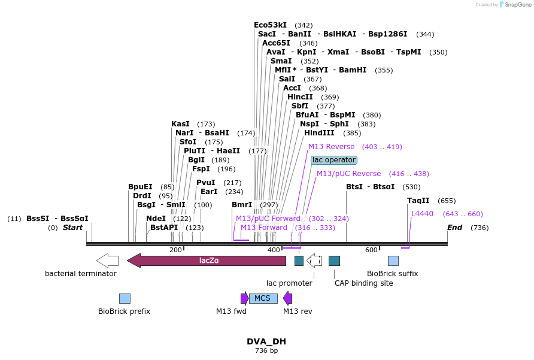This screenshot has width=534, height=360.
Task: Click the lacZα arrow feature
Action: pos(207,261)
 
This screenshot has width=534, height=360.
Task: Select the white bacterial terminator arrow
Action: pos(107,261)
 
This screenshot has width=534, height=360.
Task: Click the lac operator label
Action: pos(334,160)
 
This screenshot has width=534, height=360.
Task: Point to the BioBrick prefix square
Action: pos(125,298)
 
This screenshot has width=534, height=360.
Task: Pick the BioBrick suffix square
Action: pos(393,261)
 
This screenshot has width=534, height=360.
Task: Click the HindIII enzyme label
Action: pos(319,133)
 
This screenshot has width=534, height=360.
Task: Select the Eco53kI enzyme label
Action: pos(270,25)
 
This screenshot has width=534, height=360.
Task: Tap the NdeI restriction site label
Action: pos(156,219)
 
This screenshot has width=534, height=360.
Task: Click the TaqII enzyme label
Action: pos(418,201)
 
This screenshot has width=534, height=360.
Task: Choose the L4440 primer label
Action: pos(422,214)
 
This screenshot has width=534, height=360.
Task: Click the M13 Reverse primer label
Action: pos(331,147)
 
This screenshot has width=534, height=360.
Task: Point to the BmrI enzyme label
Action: pos(242,205)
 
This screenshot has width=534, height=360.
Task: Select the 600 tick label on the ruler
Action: pos(371,250)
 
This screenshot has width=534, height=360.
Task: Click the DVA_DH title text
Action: pos(266,341)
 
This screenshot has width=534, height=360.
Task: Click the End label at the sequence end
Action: pos(455,228)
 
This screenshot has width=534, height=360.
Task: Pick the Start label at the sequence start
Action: pos(73,228)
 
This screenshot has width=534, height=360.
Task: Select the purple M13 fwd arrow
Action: pos(244,298)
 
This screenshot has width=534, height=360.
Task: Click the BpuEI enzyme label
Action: pos(140,187)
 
